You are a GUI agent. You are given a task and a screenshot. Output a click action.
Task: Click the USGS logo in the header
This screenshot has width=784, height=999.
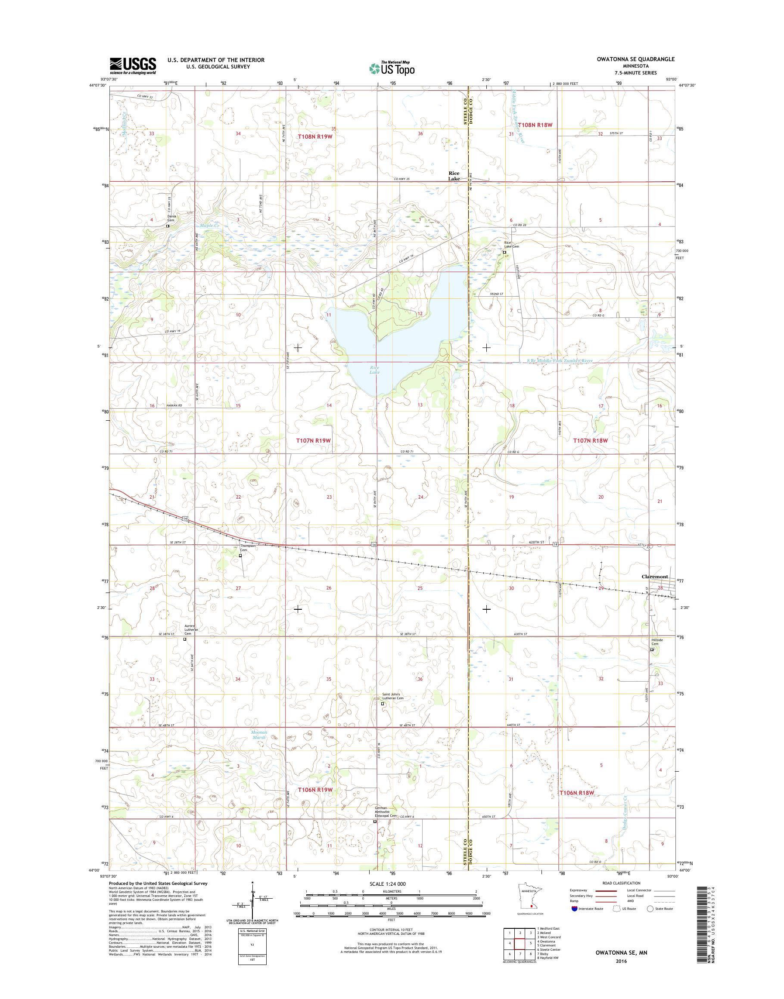coord(133,65)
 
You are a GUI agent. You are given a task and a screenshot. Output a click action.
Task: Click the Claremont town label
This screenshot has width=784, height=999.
coord(655,577)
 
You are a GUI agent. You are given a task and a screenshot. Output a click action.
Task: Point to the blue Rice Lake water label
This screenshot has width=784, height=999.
coord(375,370)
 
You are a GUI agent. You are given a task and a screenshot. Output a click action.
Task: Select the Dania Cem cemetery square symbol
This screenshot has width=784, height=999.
coord(168,226)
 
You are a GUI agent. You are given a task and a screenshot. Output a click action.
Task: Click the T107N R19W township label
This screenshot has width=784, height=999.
coord(314,440)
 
